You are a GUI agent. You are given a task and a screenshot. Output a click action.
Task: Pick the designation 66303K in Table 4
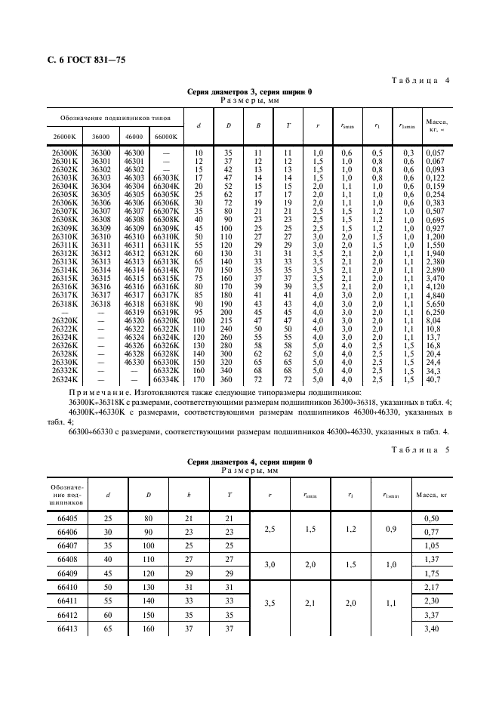point(166,178)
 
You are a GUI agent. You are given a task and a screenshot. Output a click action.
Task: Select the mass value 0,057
point(437,153)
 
